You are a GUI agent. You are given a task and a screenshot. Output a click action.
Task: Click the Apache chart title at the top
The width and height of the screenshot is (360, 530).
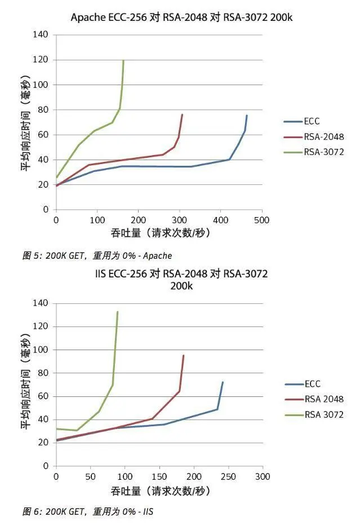click(x=181, y=17)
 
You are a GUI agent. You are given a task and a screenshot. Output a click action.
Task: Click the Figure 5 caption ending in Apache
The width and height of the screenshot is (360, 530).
click(x=97, y=255)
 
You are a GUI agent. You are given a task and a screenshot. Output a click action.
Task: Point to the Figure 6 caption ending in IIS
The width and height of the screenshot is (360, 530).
click(x=88, y=512)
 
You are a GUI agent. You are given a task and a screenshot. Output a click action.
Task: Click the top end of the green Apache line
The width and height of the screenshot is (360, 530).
click(x=123, y=60)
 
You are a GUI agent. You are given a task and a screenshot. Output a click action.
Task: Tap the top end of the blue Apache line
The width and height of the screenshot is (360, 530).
click(x=247, y=116)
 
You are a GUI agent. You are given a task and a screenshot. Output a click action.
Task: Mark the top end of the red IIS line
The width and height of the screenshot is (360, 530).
click(x=184, y=355)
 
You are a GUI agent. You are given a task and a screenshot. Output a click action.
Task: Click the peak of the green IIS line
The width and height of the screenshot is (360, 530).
click(x=117, y=312)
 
